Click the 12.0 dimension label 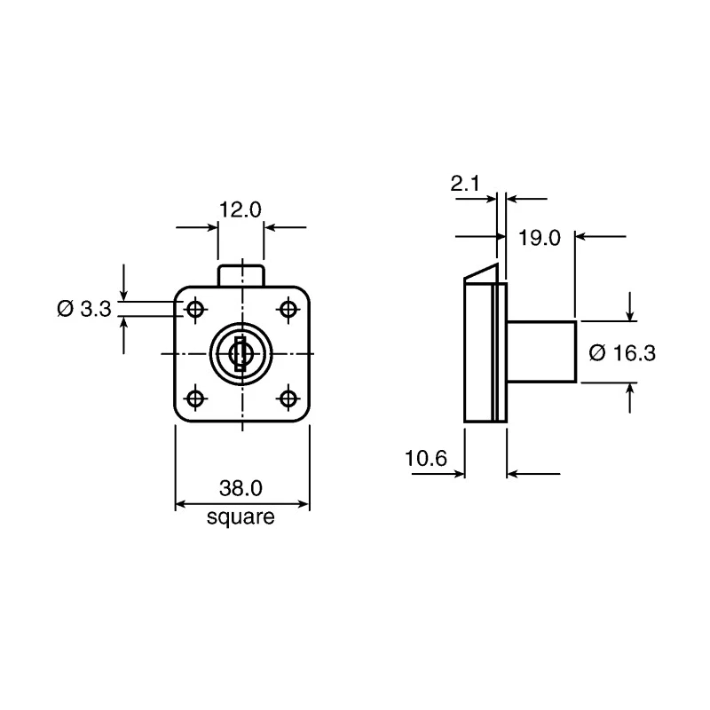coord(241,209)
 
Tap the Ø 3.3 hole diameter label coord(84,309)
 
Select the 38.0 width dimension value coord(241,488)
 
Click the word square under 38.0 coord(241,517)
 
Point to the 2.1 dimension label coord(465,184)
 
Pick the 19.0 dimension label coord(540,238)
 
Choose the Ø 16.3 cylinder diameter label coord(622,352)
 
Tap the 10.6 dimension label coord(426,458)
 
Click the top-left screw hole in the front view coord(195,310)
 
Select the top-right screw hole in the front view coord(288,310)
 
